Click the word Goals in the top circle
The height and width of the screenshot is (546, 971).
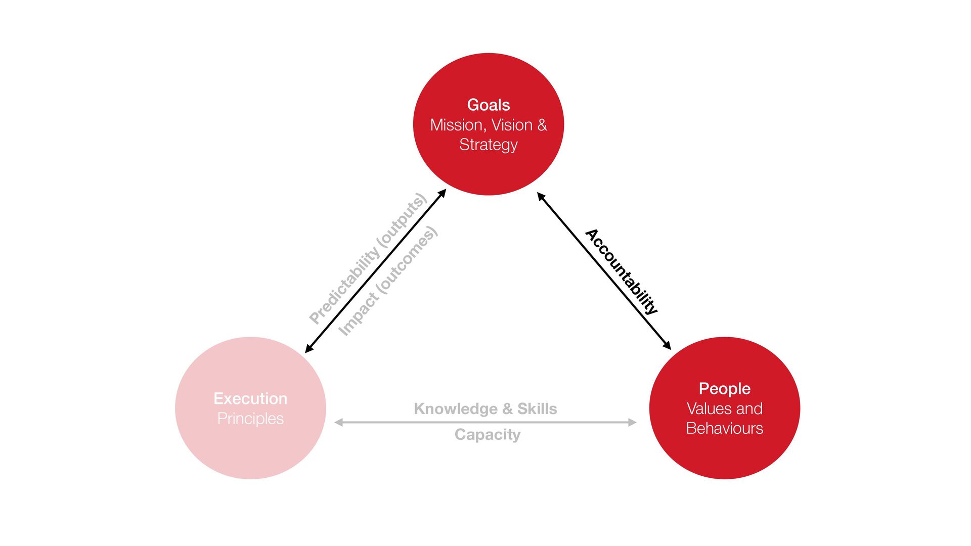(x=488, y=105)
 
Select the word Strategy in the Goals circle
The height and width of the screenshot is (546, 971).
(x=488, y=145)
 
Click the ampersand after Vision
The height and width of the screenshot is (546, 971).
(x=542, y=125)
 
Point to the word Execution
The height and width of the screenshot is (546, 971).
(x=250, y=398)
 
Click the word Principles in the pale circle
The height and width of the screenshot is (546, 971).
(x=250, y=419)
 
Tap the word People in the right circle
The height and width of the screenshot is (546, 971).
(x=724, y=389)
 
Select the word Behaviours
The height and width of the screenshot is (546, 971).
(x=724, y=428)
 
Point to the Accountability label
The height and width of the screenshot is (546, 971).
(x=622, y=271)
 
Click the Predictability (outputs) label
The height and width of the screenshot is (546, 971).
(x=368, y=258)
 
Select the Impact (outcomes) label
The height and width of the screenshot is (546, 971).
(x=388, y=281)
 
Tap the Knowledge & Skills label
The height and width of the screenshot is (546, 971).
(x=485, y=408)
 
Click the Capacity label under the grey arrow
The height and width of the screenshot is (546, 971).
(x=487, y=435)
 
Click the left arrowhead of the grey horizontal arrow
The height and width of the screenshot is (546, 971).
(x=338, y=422)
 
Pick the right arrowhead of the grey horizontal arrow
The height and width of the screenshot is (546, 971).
(x=632, y=422)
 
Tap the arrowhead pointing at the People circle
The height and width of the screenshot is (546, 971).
(x=667, y=345)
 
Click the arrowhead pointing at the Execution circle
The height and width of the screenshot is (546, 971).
(x=308, y=349)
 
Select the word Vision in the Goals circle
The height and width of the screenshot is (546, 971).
(x=512, y=125)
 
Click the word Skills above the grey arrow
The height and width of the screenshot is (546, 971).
(x=537, y=408)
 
